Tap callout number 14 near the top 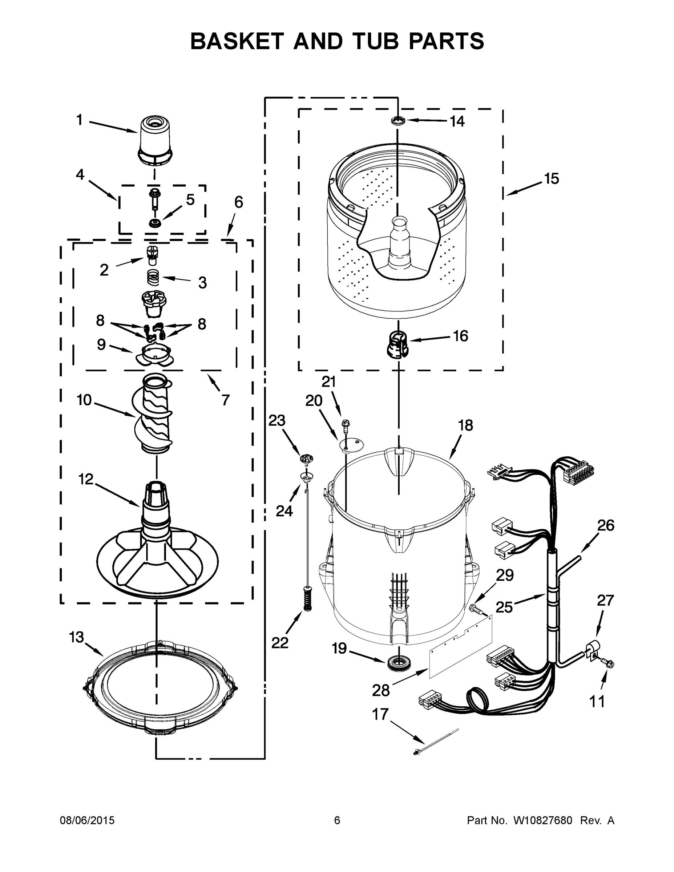pos(457,121)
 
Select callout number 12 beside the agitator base pos(86,479)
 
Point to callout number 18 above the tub pos(465,425)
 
